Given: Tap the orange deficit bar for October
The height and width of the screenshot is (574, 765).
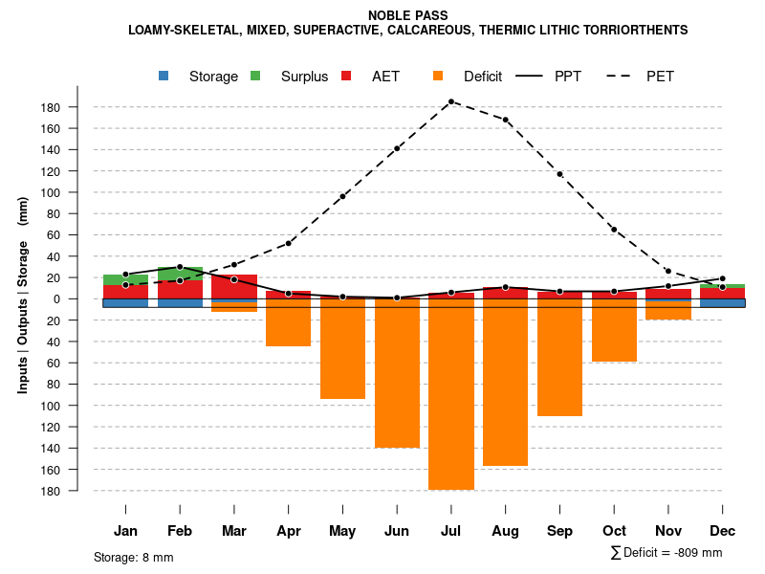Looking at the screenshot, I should pyautogui.click(x=614, y=330).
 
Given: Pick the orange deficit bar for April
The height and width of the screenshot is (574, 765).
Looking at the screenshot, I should pyautogui.click(x=288, y=323).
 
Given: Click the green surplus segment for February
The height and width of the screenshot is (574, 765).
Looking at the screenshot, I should pyautogui.click(x=180, y=274).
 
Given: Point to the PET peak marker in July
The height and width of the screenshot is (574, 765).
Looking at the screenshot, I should pyautogui.click(x=451, y=101).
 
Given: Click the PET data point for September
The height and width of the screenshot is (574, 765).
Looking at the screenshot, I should pyautogui.click(x=559, y=174).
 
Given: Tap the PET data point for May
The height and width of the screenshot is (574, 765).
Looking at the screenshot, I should pyautogui.click(x=342, y=196).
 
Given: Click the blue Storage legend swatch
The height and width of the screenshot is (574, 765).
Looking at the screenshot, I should pyautogui.click(x=164, y=76).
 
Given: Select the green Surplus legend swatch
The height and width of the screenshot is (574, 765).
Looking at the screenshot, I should pyautogui.click(x=255, y=76).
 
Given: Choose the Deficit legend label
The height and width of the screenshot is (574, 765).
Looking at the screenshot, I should pyautogui.click(x=483, y=77).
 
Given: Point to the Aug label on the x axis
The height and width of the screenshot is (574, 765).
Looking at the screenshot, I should pyautogui.click(x=505, y=531).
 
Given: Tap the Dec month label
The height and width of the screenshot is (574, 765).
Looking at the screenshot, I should pyautogui.click(x=722, y=531).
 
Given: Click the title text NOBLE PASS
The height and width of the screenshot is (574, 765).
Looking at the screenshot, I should pyautogui.click(x=407, y=15).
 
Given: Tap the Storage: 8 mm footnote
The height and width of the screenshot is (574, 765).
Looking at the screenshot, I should pyautogui.click(x=134, y=557).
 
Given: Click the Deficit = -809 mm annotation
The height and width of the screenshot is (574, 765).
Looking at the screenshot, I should pyautogui.click(x=667, y=553).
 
